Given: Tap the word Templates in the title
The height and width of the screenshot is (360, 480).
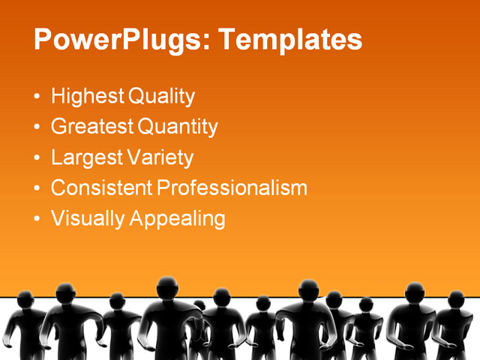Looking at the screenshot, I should point(289,40).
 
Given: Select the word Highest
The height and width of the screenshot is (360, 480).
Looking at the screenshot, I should point(87,97).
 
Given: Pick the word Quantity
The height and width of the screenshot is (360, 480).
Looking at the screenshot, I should point(178,127).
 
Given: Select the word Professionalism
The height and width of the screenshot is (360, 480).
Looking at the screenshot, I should point(231,188).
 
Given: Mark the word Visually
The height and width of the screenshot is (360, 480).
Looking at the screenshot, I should point(87,219).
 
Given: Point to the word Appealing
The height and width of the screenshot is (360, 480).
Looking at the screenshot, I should point(177,219).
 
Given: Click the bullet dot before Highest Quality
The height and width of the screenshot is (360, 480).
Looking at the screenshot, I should point(38,97).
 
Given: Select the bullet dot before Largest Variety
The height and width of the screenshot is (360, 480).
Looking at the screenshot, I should point(38,158).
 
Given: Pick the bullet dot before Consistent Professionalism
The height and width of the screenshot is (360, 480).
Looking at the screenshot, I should point(38,189).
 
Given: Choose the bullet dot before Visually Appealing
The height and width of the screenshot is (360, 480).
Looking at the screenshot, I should point(38,219).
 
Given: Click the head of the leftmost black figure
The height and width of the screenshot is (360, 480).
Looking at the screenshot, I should point(26,301).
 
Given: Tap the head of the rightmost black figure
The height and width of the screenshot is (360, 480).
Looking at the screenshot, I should point(456,299).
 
